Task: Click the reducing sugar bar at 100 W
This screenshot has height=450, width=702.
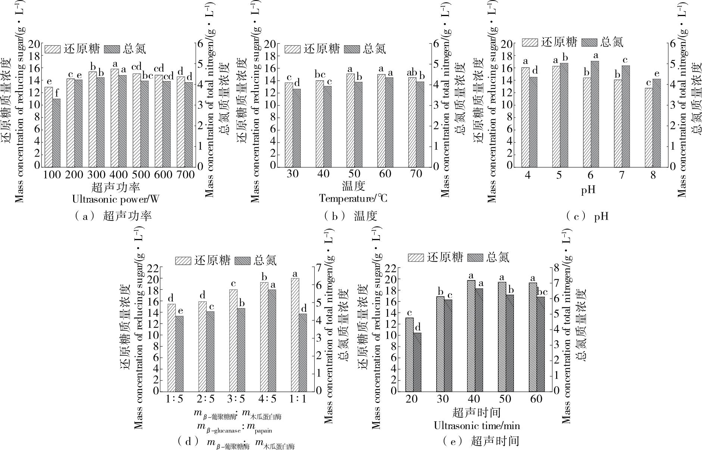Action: [49, 127]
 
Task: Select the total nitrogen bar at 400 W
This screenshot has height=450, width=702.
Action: [122, 121]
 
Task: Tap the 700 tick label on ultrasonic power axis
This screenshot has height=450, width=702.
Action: [185, 175]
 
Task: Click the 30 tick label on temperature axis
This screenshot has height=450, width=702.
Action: [293, 174]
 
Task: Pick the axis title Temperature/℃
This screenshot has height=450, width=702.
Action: [353, 198]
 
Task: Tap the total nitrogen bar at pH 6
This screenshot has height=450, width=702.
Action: [595, 114]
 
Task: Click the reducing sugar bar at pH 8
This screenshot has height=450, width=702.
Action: [649, 127]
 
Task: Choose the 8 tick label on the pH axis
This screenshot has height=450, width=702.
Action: [653, 175]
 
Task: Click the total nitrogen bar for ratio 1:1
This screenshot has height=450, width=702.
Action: [303, 352]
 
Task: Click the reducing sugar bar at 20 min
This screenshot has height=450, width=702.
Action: [409, 354]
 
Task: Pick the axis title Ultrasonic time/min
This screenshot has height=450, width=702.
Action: [477, 426]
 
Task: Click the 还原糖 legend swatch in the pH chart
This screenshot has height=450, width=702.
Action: [530, 42]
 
